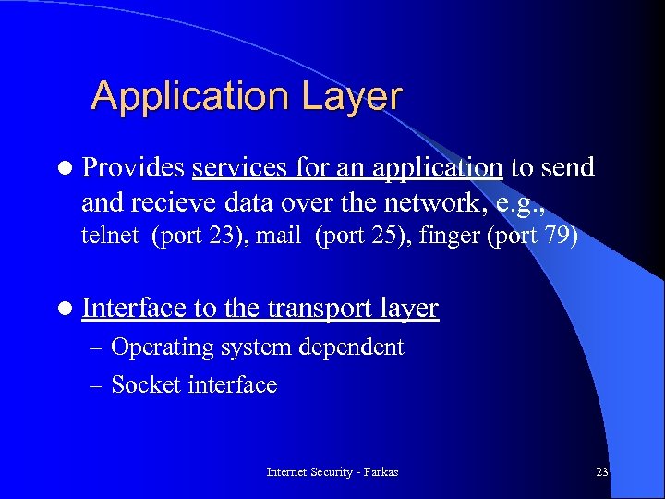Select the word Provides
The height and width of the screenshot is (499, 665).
[132, 167]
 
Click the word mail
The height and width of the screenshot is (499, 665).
[279, 236]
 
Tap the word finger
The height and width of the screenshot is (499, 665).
[449, 236]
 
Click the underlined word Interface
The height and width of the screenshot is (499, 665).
[134, 308]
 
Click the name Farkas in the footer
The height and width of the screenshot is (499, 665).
[381, 472]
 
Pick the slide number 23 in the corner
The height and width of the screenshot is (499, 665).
[602, 472]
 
